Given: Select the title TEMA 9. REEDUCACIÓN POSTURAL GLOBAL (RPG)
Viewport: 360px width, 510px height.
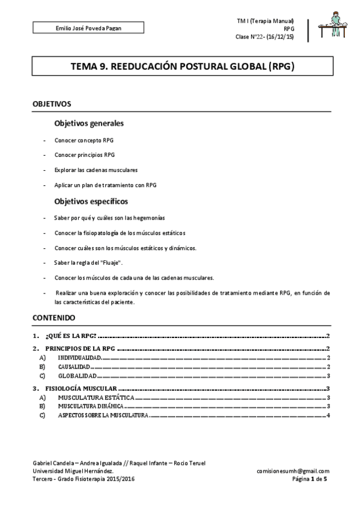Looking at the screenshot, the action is tap(180, 67).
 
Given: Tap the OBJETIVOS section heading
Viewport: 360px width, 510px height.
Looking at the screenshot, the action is tap(52, 104).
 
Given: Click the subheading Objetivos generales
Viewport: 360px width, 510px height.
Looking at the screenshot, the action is tap(89, 124).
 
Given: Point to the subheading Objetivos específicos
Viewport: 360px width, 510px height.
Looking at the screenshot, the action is tap(91, 201).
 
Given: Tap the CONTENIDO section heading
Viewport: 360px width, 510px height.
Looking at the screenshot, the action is tap(53, 316).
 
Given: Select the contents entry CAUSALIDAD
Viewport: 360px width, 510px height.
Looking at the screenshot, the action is tap(74, 366).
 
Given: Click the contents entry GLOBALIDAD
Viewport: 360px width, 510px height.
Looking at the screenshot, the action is tap(75, 375).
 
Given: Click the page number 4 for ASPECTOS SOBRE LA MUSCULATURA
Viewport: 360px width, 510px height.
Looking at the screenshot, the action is tap(329, 416).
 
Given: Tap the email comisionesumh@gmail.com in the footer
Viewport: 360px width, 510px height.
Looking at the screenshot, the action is tap(293, 471).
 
